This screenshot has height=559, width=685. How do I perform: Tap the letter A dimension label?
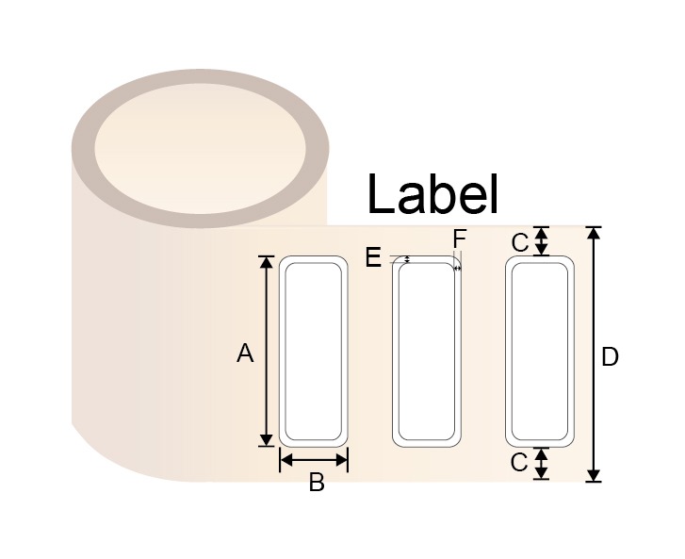coord(245,353)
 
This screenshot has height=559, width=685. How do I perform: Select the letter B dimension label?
coord(317,483)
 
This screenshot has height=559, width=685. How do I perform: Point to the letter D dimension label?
coord(610,357)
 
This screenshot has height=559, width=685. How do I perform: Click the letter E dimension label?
coord(373,257)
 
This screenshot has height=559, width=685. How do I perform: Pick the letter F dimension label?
coord(460,238)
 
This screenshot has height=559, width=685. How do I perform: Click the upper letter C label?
coord(520,243)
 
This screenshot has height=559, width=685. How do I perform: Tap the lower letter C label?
coord(519,463)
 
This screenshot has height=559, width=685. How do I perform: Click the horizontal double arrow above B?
coord(314,460)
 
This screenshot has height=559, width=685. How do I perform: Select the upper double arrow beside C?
coord(542,240)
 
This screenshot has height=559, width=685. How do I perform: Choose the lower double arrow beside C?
coord(542,463)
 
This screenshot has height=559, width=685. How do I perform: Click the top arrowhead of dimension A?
coord(266,262)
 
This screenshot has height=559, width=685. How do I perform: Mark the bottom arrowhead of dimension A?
coord(266,440)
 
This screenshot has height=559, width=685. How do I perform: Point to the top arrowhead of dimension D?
coord(594,234)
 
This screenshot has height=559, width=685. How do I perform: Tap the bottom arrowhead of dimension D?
coord(594,475)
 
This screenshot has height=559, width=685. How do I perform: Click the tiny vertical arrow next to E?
coord(408,259)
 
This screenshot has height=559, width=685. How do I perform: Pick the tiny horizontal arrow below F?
coord(457,269)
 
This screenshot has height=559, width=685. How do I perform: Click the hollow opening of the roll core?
coord(200,149)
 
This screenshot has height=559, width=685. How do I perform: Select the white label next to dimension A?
coord(313,352)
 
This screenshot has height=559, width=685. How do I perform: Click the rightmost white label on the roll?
coord(540,352)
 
